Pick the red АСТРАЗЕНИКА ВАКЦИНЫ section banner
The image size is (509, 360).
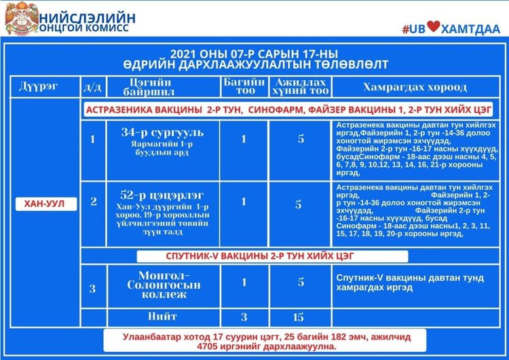(288, 109)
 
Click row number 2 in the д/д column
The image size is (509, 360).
(94, 202)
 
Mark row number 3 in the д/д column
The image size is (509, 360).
(94, 288)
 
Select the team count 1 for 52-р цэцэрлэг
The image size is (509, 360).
(244, 202)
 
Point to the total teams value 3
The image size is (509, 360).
(244, 317)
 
